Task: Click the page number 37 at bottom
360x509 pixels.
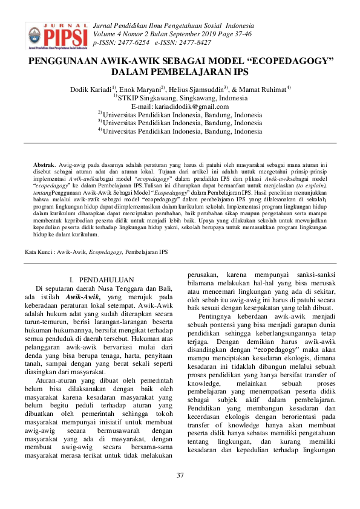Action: click(x=180, y=475)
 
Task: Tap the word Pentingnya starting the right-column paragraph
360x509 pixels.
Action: click(x=216, y=316)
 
